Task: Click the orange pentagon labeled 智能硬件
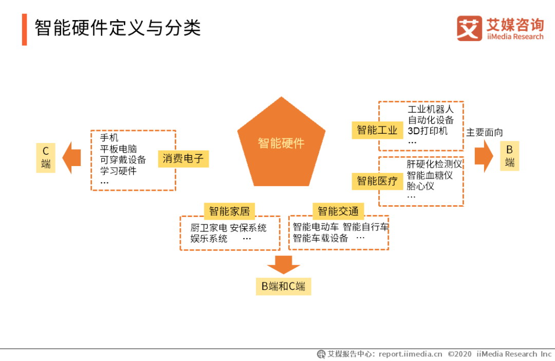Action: pos(282,143)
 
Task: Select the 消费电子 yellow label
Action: pos(183,158)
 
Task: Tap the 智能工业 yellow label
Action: pos(377,130)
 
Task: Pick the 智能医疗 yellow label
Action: pos(377,181)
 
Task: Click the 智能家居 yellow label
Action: pos(229,211)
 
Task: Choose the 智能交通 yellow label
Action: pos(338,211)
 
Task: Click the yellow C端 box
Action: pos(46,158)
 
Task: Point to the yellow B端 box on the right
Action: pos(510,156)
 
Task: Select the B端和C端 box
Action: pos(283,286)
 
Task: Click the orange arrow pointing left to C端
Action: pos(71,158)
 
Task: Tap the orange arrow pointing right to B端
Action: pos(484,156)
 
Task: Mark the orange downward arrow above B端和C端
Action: pos(283,265)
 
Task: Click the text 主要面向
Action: pos(485,133)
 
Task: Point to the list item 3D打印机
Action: pos(428,131)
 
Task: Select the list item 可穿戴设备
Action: pos(123,160)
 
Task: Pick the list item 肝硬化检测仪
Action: pos(434,164)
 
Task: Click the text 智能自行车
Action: pos(366,227)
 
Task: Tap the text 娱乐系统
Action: pos(209,239)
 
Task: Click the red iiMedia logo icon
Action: pos(469,28)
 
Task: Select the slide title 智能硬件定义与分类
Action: pos(118,28)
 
